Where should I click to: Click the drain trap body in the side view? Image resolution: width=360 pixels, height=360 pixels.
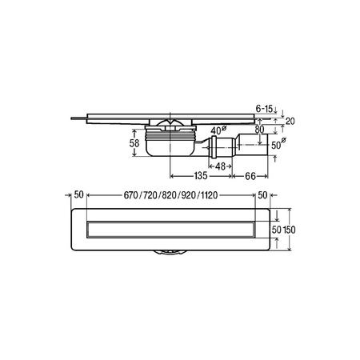click(x=168, y=145)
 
